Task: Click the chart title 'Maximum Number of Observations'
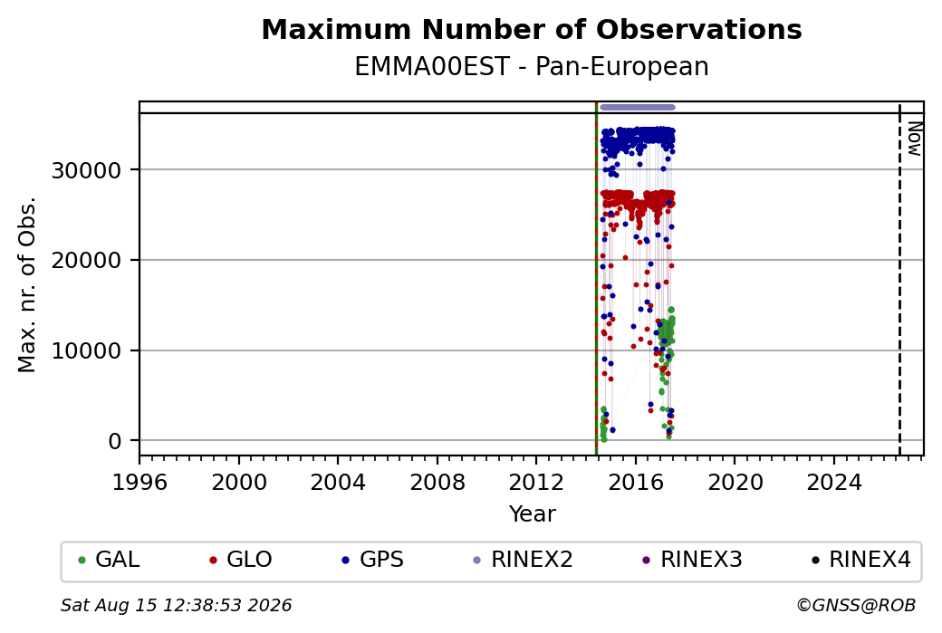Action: (x=532, y=29)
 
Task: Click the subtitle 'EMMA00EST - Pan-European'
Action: (x=532, y=67)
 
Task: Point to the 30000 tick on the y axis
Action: (x=87, y=170)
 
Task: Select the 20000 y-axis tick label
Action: (x=87, y=261)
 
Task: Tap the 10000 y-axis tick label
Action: (x=87, y=350)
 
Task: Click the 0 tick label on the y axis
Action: (x=115, y=441)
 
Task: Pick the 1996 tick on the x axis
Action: (x=139, y=483)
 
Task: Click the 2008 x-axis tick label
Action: (x=437, y=483)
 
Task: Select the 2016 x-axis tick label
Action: (x=636, y=483)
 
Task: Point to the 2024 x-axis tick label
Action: (x=834, y=483)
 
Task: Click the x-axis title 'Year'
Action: (x=533, y=514)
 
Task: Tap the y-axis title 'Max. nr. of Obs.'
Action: (x=27, y=284)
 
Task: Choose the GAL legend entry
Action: (x=110, y=560)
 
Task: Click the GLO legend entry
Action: (x=241, y=560)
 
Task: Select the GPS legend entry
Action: (x=372, y=560)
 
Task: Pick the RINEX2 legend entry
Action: (x=524, y=560)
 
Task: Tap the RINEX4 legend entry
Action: (x=860, y=560)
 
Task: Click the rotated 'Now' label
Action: (x=914, y=139)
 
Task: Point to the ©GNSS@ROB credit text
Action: (x=857, y=605)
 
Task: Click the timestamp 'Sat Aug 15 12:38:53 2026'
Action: (x=177, y=605)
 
